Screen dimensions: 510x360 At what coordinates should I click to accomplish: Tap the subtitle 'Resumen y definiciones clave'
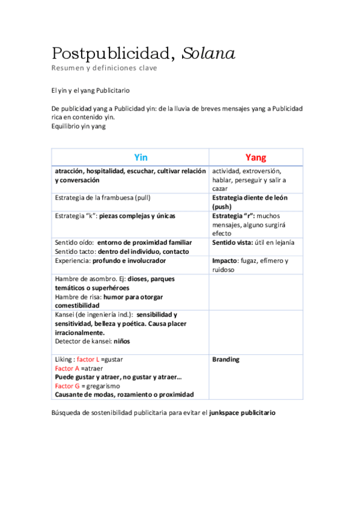click(x=104, y=68)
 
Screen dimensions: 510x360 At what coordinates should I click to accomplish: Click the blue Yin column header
click(x=141, y=157)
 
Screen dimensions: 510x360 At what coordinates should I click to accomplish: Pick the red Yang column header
click(x=255, y=157)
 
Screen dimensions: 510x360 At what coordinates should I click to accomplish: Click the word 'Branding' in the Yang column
click(x=225, y=360)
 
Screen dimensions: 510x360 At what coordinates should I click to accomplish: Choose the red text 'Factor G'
click(x=67, y=386)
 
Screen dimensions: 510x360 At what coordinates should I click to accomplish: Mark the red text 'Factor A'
click(x=67, y=368)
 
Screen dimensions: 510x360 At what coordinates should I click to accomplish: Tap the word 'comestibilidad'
click(x=78, y=306)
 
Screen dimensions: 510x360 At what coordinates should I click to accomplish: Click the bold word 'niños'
click(x=121, y=342)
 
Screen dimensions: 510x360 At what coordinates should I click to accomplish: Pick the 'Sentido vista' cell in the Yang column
click(x=252, y=242)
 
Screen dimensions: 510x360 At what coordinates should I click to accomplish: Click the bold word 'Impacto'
click(x=225, y=261)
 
